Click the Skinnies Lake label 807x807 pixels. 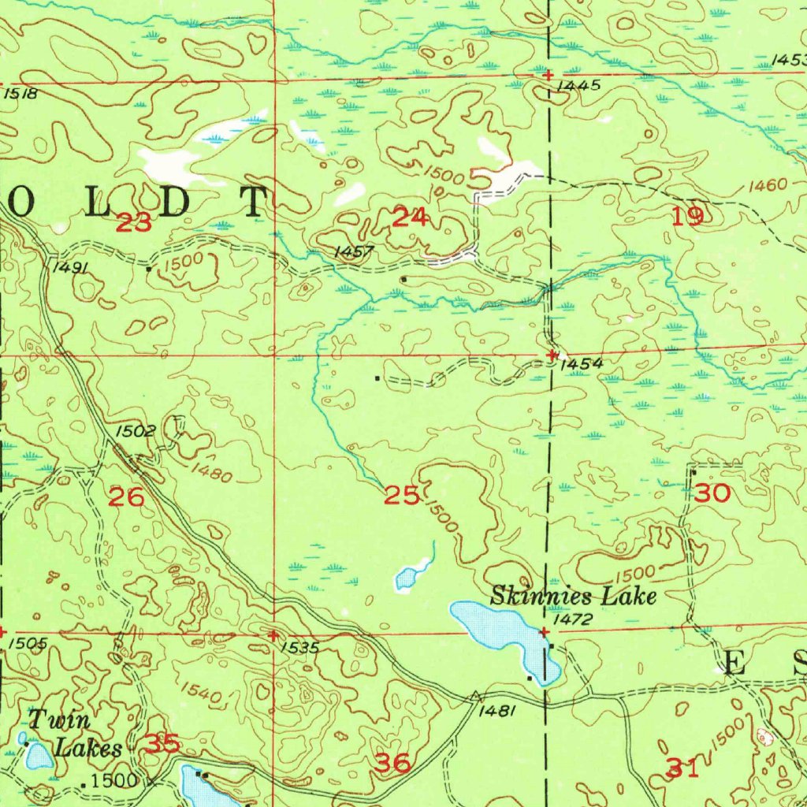click(573, 596)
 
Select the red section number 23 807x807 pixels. click(133, 224)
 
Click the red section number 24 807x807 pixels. click(410, 218)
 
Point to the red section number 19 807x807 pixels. click(688, 216)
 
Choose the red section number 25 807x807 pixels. click(401, 496)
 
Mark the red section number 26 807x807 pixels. click(126, 497)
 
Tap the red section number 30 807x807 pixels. click(712, 494)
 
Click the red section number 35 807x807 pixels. click(163, 743)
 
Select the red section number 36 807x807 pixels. click(392, 762)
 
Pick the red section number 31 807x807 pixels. click(682, 767)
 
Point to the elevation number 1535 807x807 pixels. click(299, 647)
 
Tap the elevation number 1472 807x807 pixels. click(573, 621)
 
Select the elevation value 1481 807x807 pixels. click(497, 710)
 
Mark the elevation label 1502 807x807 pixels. click(136, 432)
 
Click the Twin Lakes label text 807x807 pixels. click(75, 734)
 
